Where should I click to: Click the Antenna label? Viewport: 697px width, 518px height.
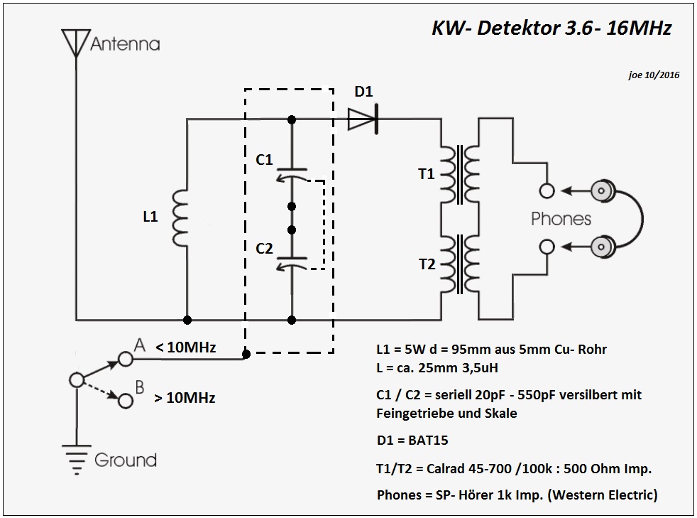125,44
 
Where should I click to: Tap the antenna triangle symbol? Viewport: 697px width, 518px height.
75,41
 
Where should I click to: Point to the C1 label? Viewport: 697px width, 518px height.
264,160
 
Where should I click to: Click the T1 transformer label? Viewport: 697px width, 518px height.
427,174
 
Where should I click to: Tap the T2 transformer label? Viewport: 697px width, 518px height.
427,264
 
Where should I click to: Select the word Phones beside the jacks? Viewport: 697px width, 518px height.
561,218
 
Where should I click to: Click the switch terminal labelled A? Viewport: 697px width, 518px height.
126,359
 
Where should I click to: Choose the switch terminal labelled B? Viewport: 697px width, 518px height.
126,401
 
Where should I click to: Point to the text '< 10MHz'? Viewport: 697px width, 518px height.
185,347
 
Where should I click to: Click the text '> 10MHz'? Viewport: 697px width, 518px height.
185,397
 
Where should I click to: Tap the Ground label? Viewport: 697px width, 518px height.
125,460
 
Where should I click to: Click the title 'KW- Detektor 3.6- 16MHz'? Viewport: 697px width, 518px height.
551,28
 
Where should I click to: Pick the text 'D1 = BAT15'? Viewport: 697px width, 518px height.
412,441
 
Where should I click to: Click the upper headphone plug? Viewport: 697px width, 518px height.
604,190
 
